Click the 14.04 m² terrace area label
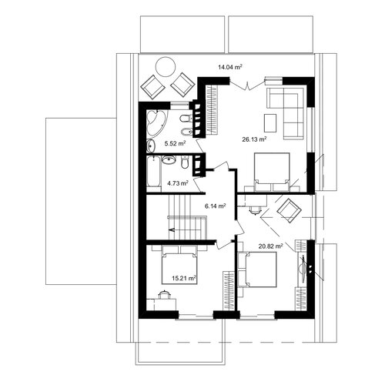[230, 67]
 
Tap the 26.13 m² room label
[254, 139]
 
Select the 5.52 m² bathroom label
[175, 143]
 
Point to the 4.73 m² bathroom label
[178, 183]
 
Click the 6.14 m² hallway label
[215, 206]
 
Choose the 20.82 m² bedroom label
[271, 246]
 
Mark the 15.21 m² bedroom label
[184, 278]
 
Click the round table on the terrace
[166, 67]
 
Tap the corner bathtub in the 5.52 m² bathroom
[156, 122]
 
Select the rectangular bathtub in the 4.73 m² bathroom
[154, 172]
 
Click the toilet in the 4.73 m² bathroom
[185, 162]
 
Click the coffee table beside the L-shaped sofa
[270, 123]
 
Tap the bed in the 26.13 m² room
[272, 172]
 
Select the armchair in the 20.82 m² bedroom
[290, 211]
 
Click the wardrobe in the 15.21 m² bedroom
[228, 290]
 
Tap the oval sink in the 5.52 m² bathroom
[151, 146]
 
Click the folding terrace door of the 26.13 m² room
[247, 85]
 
